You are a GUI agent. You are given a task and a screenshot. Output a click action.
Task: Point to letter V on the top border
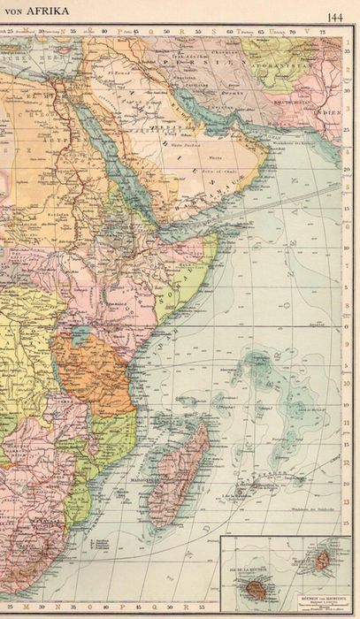(306, 31)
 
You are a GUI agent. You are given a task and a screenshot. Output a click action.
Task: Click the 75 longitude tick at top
(322, 32)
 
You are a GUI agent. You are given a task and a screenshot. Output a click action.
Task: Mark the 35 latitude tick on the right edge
(346, 50)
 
